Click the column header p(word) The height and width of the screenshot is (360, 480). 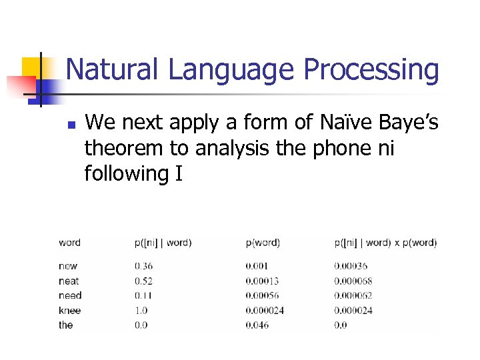pyautogui.click(x=263, y=243)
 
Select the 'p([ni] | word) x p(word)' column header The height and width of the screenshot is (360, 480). pyautogui.click(x=385, y=243)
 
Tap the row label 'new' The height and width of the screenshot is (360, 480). pyautogui.click(x=68, y=266)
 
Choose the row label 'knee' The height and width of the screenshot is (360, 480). pyautogui.click(x=69, y=310)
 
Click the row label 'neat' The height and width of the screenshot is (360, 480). pyautogui.click(x=69, y=281)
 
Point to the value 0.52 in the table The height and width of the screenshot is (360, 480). pyautogui.click(x=143, y=281)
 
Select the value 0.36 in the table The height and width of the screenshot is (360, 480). pyautogui.click(x=143, y=266)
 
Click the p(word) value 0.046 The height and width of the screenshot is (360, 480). pyautogui.click(x=258, y=325)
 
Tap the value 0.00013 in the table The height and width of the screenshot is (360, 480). pyautogui.click(x=263, y=281)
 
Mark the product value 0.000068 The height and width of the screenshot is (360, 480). pyautogui.click(x=353, y=281)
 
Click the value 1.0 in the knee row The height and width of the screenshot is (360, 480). pyautogui.click(x=141, y=310)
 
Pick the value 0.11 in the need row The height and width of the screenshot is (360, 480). pyautogui.click(x=143, y=295)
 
